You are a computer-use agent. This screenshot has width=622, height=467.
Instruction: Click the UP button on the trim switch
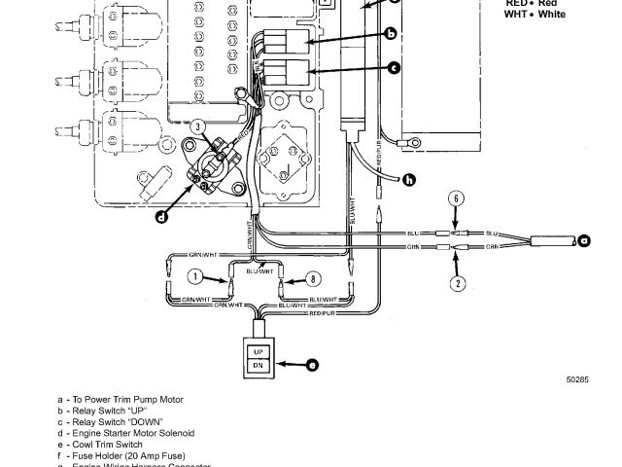coord(259,350)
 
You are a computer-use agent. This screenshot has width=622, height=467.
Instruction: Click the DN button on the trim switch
coord(259,366)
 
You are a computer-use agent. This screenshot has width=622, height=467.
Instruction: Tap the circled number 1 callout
coord(194,277)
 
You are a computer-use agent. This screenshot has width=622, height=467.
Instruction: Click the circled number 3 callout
coord(197,126)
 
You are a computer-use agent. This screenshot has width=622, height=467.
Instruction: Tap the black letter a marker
coord(584,239)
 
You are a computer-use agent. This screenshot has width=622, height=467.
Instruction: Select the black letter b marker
coord(391,35)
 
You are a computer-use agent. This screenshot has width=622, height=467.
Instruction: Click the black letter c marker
coord(394,68)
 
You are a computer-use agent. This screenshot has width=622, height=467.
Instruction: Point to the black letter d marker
coord(161,218)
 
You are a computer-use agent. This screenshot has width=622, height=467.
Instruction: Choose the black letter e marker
coord(311,366)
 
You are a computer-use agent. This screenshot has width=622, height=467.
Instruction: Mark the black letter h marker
coord(408,179)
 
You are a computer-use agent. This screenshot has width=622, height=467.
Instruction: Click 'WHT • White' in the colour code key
coord(535,15)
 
